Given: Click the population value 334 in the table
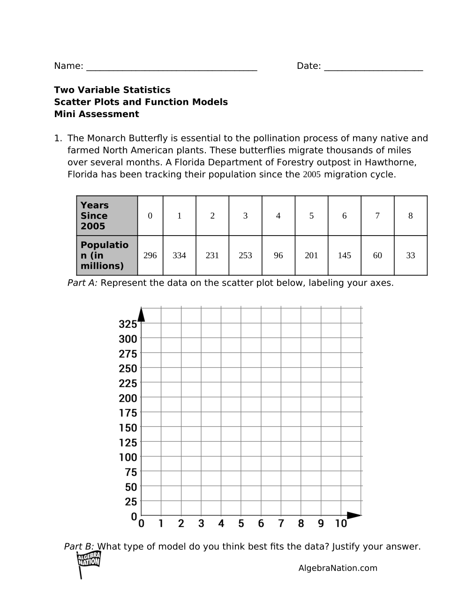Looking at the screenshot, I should (179, 255).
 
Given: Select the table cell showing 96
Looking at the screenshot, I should (278, 255).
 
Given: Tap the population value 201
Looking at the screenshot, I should (311, 255).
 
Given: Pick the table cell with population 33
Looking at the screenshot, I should (410, 255).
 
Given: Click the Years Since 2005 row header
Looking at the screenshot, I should (107, 216).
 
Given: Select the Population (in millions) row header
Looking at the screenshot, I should (107, 255).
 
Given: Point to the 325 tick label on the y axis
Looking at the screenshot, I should (128, 324).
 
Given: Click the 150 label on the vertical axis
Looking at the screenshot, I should (128, 428).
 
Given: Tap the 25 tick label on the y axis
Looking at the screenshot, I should (131, 502).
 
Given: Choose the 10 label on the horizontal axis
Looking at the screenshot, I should (341, 524).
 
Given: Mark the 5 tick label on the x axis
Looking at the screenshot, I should (241, 524).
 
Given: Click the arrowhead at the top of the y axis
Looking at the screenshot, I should (141, 314).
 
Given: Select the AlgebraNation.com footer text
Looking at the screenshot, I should (338, 568).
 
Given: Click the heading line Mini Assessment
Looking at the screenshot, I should (97, 114).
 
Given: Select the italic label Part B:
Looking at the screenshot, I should (79, 547).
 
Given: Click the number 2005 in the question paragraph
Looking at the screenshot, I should (312, 175).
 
